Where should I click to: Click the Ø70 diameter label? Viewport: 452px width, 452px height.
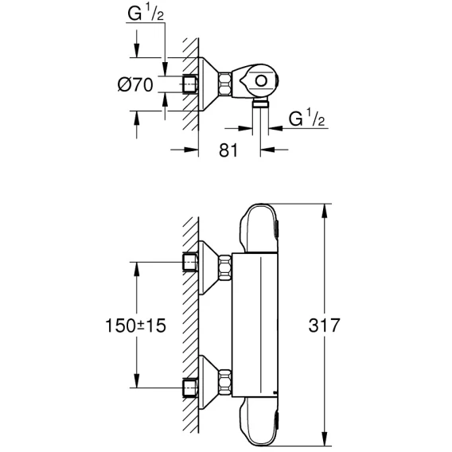pyautogui.click(x=135, y=85)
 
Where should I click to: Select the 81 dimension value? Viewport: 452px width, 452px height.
pyautogui.click(x=228, y=150)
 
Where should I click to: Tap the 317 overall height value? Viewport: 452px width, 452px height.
pyautogui.click(x=324, y=325)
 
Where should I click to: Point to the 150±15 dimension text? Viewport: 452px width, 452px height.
pyautogui.click(x=136, y=325)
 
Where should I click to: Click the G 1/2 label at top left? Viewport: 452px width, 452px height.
pyautogui.click(x=146, y=14)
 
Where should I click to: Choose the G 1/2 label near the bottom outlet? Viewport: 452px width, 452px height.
pyautogui.click(x=306, y=119)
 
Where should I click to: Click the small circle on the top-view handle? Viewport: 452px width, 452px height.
pyautogui.click(x=261, y=81)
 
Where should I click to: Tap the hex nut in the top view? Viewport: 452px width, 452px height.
pyautogui.click(x=225, y=84)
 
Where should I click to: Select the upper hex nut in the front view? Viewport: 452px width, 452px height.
pyautogui.click(x=225, y=267)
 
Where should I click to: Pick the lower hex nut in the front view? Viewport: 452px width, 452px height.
pyautogui.click(x=225, y=382)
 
